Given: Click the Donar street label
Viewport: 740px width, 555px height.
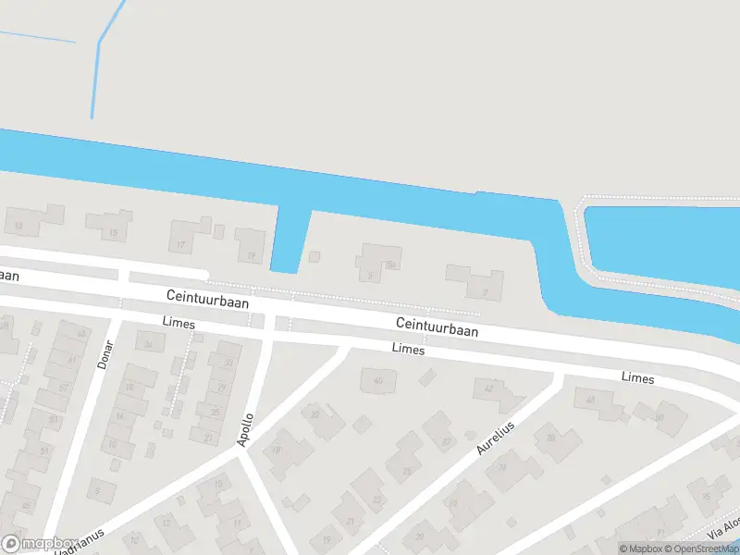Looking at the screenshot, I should (x=105, y=354).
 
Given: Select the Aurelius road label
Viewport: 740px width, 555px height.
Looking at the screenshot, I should (x=495, y=436).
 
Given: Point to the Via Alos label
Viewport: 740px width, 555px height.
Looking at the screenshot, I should (x=724, y=526).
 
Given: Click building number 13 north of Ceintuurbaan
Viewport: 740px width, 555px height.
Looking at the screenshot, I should (x=18, y=225).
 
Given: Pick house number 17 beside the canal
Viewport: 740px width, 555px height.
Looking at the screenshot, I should (x=181, y=245).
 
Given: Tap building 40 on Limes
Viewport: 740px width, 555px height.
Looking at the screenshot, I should (x=377, y=381).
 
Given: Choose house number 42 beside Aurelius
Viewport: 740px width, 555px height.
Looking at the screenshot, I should (x=489, y=389).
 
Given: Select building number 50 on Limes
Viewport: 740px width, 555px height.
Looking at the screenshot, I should (x=659, y=418).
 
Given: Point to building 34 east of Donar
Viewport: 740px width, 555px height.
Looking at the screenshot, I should (x=149, y=345).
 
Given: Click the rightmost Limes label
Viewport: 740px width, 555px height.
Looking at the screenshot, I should (x=638, y=379).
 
